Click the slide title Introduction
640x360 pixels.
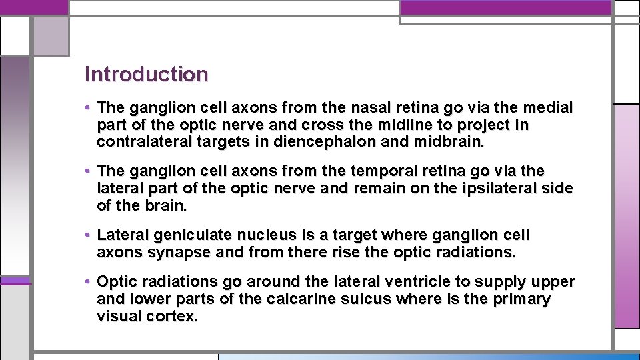pos(146,74)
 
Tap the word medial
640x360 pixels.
pos(547,107)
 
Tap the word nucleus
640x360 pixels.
pos(261,235)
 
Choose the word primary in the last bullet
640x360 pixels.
pos(521,299)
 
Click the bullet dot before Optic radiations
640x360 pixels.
pos(88,282)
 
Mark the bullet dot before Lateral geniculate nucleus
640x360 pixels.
pos(88,235)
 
